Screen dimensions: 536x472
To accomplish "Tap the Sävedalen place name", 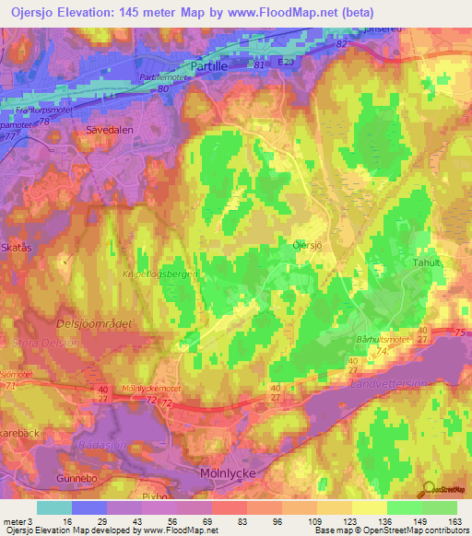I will (111, 131).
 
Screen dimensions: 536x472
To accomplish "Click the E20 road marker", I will (287, 62).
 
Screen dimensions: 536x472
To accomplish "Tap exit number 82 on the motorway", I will (343, 43).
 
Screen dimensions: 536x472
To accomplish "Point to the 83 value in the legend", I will (232, 522).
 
